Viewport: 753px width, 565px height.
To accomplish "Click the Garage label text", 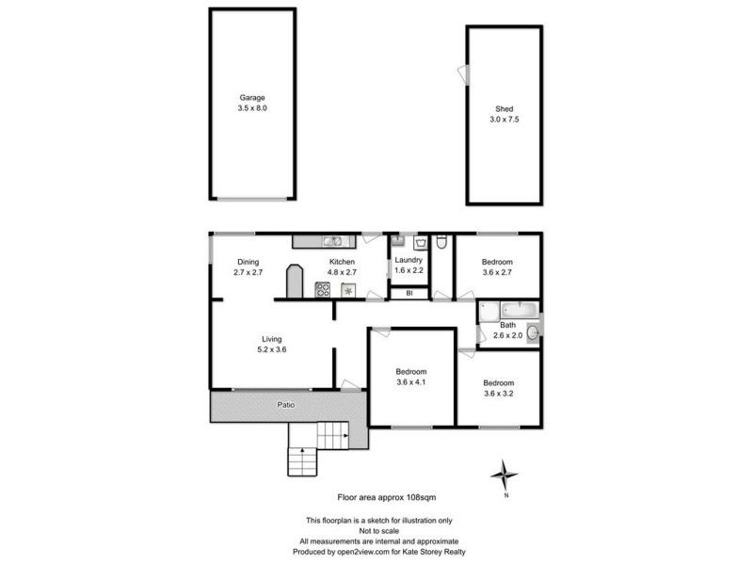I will (x=251, y=97).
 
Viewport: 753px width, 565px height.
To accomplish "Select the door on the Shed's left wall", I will (x=462, y=73).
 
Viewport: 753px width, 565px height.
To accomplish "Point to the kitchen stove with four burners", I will (x=322, y=290).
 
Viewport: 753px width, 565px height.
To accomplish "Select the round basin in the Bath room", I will (x=533, y=331).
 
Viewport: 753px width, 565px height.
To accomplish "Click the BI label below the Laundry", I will (x=409, y=294).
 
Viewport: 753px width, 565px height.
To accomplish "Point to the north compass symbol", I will (x=506, y=475).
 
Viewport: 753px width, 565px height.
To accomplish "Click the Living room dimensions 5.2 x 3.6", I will (x=272, y=349).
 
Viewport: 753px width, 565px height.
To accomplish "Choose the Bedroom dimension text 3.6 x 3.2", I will (x=499, y=394).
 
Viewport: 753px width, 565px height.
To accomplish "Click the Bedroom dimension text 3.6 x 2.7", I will (x=498, y=273).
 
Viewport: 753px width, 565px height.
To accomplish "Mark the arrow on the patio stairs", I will (x=301, y=454).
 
